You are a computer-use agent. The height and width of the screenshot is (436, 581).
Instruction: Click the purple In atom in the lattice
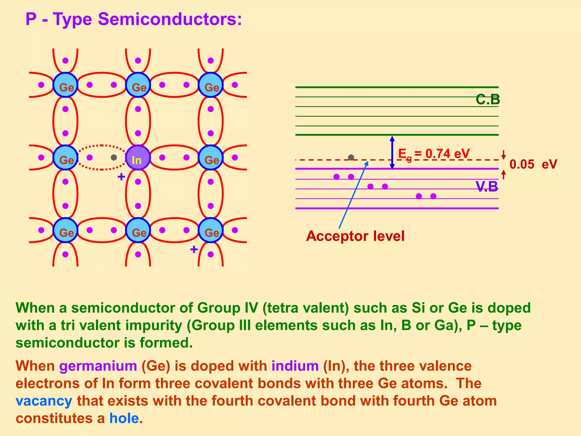click(138, 158)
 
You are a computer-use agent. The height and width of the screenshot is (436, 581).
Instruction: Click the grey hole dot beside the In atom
click(114, 158)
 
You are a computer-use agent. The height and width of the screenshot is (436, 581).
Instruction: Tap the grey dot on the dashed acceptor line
click(351, 157)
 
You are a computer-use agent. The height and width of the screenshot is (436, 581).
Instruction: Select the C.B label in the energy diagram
click(488, 100)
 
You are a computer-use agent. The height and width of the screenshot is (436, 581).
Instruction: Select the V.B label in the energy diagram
click(487, 187)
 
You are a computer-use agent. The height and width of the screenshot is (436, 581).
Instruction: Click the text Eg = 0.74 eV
click(434, 154)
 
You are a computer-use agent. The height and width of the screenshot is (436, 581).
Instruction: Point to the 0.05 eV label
click(533, 164)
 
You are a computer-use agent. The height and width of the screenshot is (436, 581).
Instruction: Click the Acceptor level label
click(355, 236)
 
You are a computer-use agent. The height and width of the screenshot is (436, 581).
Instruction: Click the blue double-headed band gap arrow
click(392, 152)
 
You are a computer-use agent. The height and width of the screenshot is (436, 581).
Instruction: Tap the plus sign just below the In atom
click(121, 177)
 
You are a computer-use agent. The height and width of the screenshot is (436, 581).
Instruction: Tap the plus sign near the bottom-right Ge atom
click(194, 250)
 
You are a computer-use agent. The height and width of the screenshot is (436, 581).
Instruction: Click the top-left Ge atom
click(66, 85)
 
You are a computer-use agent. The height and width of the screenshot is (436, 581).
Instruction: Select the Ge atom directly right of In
click(210, 158)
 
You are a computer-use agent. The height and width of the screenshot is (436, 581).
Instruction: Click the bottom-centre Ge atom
click(138, 230)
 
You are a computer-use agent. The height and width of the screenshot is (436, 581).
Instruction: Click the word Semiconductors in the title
click(169, 19)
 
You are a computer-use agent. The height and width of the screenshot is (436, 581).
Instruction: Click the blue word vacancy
click(44, 401)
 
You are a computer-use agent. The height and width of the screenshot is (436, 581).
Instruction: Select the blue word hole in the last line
click(124, 418)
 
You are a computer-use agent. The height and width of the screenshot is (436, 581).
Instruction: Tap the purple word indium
click(295, 366)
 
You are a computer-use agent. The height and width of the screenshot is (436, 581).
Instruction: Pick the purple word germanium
click(98, 366)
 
